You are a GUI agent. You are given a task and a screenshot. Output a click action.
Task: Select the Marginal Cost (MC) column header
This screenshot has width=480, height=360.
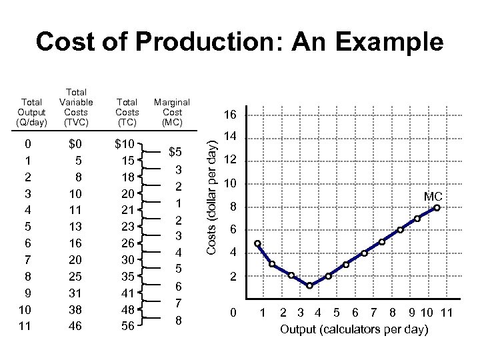tap(172, 112)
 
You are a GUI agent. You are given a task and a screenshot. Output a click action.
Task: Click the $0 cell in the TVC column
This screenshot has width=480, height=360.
tap(75, 144)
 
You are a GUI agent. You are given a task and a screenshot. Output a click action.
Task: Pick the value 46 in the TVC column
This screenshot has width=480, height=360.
tap(76, 327)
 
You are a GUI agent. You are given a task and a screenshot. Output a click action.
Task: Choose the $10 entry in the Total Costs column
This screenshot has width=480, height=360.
tap(125, 144)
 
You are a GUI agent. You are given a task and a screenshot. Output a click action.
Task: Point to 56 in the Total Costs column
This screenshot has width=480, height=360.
tap(125, 327)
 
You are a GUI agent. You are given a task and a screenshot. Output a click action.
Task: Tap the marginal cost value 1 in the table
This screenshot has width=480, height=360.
tap(179, 202)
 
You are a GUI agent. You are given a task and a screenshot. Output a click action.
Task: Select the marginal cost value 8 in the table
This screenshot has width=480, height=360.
tap(179, 319)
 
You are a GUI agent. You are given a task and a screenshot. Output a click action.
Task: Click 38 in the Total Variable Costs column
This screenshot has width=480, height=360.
tap(76, 310)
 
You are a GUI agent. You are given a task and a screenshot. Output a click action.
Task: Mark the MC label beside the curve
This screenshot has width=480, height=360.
tap(433, 196)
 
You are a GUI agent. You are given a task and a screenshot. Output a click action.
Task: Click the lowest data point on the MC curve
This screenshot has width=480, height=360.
tap(310, 285)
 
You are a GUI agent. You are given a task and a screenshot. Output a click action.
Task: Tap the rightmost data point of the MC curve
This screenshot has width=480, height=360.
tap(437, 208)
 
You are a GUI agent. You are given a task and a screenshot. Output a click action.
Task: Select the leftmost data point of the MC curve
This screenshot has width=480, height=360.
tap(257, 244)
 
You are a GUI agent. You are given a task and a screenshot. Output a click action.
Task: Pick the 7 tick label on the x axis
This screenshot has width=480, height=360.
tap(374, 313)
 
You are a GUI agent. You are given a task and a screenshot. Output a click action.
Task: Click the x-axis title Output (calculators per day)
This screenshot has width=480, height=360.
tap(354, 329)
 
